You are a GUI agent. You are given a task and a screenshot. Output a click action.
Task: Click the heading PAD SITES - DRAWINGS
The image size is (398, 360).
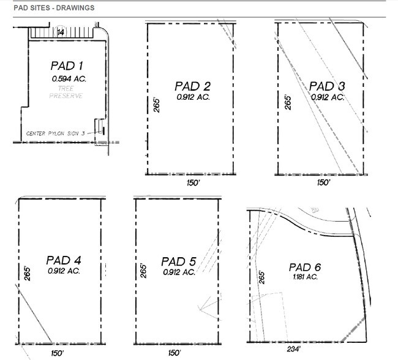tap(53, 9)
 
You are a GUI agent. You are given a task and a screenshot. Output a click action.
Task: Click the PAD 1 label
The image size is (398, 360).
tap(67, 66)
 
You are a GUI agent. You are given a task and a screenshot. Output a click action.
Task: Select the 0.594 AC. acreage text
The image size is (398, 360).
tap(67, 78)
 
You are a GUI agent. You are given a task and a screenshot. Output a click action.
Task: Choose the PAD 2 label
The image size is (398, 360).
tap(192, 86)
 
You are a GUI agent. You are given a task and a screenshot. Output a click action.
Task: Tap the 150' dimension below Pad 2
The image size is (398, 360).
tap(190, 182)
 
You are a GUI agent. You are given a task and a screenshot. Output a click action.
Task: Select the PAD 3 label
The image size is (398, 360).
tap(327, 86)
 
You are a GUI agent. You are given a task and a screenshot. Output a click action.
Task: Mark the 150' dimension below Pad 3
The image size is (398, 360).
tap(323, 182)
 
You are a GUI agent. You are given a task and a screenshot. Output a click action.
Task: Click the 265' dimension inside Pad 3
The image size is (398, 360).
tap(288, 102)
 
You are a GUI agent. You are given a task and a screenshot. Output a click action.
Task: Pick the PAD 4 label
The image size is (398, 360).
tap(63, 260)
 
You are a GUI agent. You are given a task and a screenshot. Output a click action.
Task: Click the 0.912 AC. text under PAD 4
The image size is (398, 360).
tap(64, 271)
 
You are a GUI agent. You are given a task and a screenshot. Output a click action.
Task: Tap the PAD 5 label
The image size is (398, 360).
tap(178, 261)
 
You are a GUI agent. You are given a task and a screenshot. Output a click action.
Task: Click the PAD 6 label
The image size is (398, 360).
tap(305, 267)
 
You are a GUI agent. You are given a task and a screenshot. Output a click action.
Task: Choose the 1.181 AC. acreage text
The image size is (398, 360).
tap(304, 277)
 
